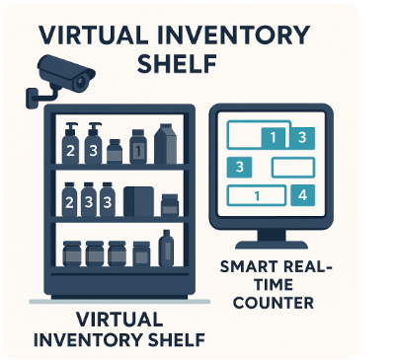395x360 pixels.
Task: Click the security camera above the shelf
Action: click(x=61, y=74)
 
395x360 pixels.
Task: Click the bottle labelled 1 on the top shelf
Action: click(x=139, y=150)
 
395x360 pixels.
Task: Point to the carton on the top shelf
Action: click(x=165, y=145)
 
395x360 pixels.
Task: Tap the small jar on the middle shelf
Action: click(x=169, y=204)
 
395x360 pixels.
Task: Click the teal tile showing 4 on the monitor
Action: click(x=301, y=194)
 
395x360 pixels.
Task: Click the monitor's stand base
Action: click(x=275, y=243)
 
